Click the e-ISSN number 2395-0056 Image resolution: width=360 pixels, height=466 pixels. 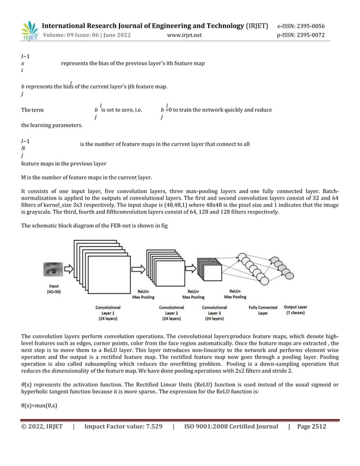[309, 26]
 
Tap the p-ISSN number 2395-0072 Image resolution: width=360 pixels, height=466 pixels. [309, 36]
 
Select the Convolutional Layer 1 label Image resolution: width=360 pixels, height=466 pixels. [107, 313]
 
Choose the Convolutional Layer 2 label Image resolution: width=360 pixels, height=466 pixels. [171, 313]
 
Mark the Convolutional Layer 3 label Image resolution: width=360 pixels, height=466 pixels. [214, 313]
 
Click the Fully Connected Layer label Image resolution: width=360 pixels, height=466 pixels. [262, 310]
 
